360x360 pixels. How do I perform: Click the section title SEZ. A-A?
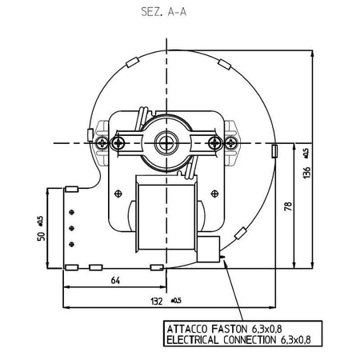pos(163,12)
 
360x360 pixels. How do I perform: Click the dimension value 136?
pos(307,173)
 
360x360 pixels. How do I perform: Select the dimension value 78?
pos(288,206)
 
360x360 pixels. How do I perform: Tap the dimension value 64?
pos(115,281)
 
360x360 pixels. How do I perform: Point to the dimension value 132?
pos(157,302)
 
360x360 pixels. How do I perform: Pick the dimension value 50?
pos(41,236)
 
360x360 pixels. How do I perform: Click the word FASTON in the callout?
pos(230,329)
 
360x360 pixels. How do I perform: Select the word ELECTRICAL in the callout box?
pos(192,340)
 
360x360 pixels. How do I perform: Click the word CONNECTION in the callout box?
pos(250,340)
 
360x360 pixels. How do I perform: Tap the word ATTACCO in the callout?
pos(187,329)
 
